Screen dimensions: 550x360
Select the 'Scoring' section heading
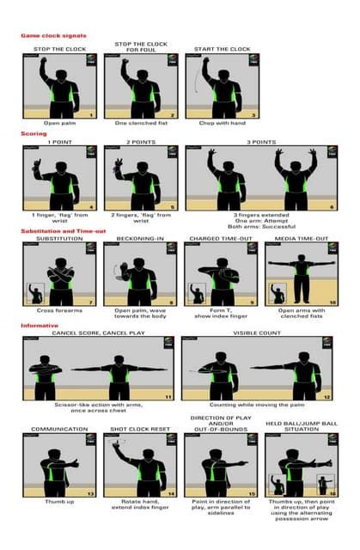(34, 134)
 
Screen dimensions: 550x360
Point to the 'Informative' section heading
(40, 326)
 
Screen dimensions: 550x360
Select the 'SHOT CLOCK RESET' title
(139, 429)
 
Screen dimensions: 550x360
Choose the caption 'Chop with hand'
(220, 124)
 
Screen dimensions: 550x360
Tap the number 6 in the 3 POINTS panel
(331, 206)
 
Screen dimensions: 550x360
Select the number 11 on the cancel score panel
(168, 396)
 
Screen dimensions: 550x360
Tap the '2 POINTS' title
(140, 142)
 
